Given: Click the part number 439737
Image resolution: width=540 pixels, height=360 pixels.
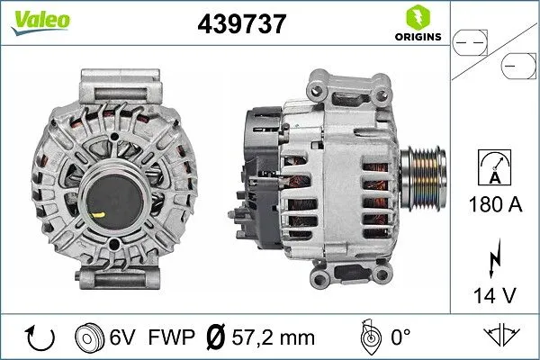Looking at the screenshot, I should point(241,23).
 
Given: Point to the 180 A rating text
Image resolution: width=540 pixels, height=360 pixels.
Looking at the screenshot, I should point(496,204).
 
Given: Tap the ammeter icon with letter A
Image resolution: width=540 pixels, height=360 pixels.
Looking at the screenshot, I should point(496,168).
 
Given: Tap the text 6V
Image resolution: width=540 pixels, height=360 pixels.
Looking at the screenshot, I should point(123,337).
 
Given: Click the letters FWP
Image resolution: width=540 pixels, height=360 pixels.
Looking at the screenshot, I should point(169,337).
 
